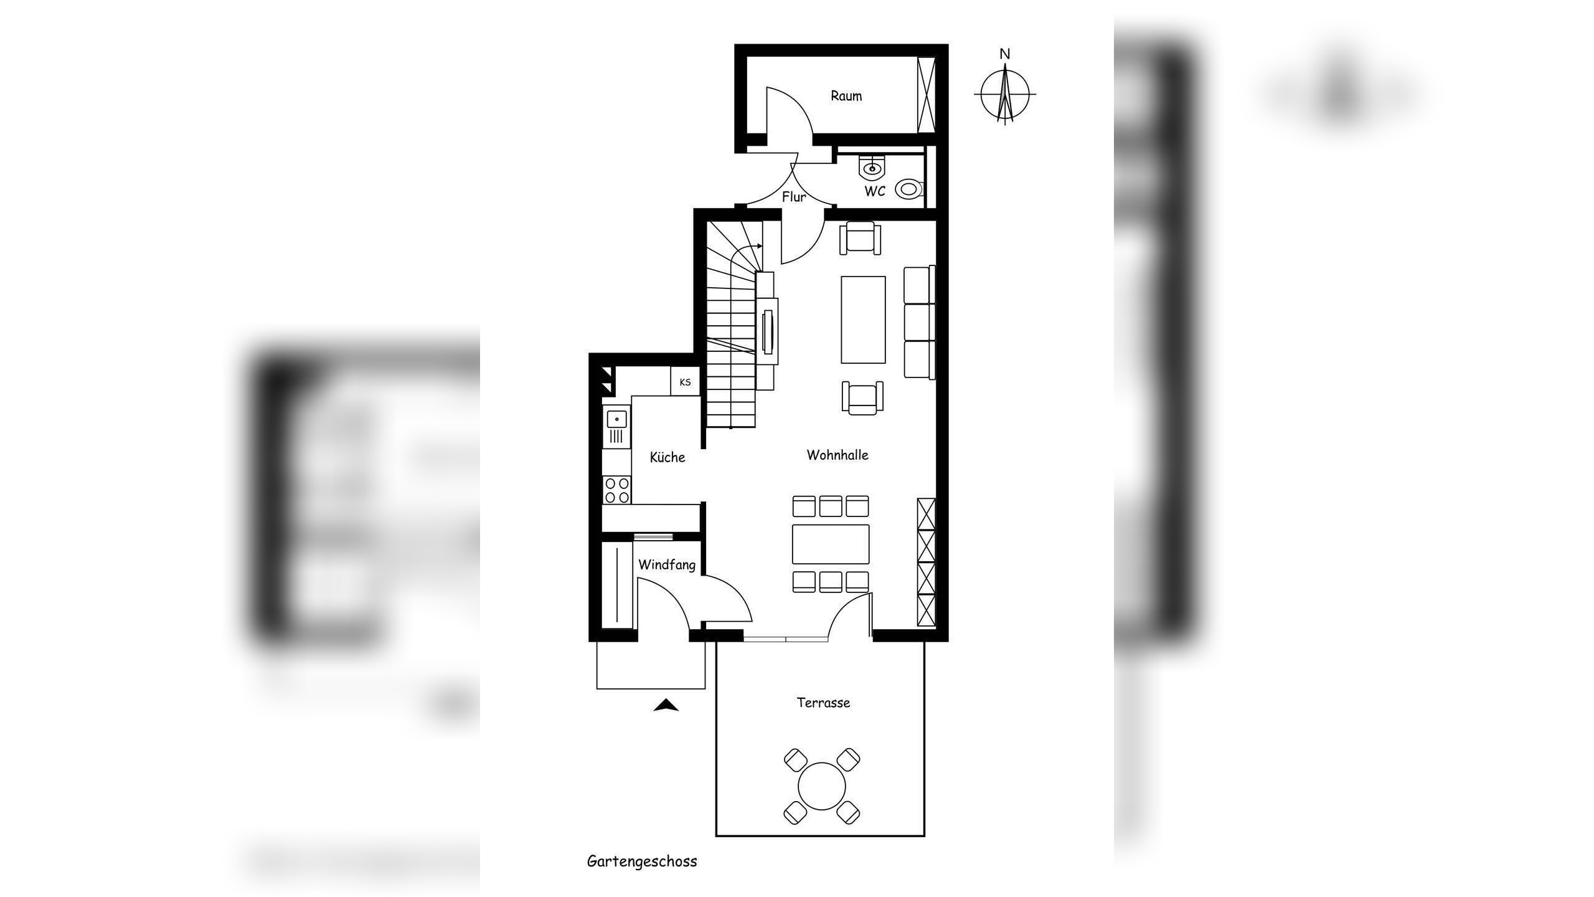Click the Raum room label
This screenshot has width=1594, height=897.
846,96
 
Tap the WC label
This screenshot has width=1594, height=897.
874,191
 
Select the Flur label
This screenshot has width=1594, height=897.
794,197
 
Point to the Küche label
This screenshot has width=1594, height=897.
667,457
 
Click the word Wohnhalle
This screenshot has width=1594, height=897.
837,455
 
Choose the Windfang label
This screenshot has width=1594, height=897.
667,565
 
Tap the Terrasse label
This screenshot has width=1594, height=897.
823,703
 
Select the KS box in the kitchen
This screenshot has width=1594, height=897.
685,382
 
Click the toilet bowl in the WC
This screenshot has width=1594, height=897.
909,189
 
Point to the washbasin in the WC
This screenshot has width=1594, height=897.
872,167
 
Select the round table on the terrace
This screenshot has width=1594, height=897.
822,786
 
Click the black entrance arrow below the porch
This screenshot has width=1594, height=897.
666,705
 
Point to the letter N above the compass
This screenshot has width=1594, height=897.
1004,54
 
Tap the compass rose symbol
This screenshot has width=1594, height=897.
1004,94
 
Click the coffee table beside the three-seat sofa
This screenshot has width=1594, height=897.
863,320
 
